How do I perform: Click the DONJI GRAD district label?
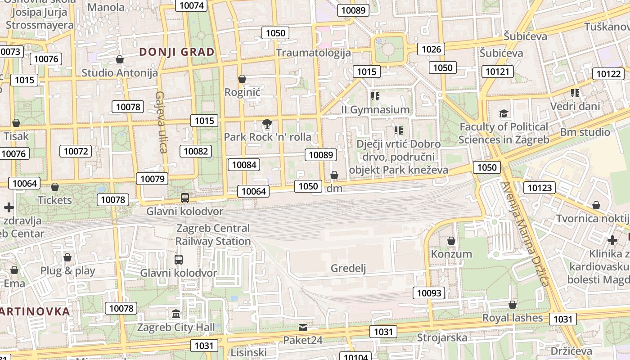click(x=177, y=52)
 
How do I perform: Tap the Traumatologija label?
click(x=313, y=53)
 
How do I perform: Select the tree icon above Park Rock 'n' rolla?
click(x=267, y=123)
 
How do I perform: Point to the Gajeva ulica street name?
click(x=162, y=122)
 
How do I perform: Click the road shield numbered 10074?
click(x=191, y=5)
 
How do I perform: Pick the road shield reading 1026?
click(x=431, y=49)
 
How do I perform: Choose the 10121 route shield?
click(x=498, y=71)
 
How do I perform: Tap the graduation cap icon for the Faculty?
click(x=504, y=114)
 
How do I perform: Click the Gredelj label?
click(x=348, y=269)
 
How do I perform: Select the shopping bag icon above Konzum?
click(x=451, y=241)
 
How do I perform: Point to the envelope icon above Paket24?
click(x=303, y=327)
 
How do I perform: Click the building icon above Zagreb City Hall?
click(x=176, y=314)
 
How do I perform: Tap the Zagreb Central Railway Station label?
click(x=213, y=235)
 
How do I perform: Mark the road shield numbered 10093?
click(x=429, y=293)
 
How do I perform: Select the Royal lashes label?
click(x=513, y=318)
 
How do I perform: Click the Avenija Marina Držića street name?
click(x=526, y=234)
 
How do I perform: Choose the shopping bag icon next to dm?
click(x=334, y=175)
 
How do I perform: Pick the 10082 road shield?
click(x=196, y=151)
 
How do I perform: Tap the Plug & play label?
click(x=67, y=270)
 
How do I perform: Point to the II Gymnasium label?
click(x=375, y=109)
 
